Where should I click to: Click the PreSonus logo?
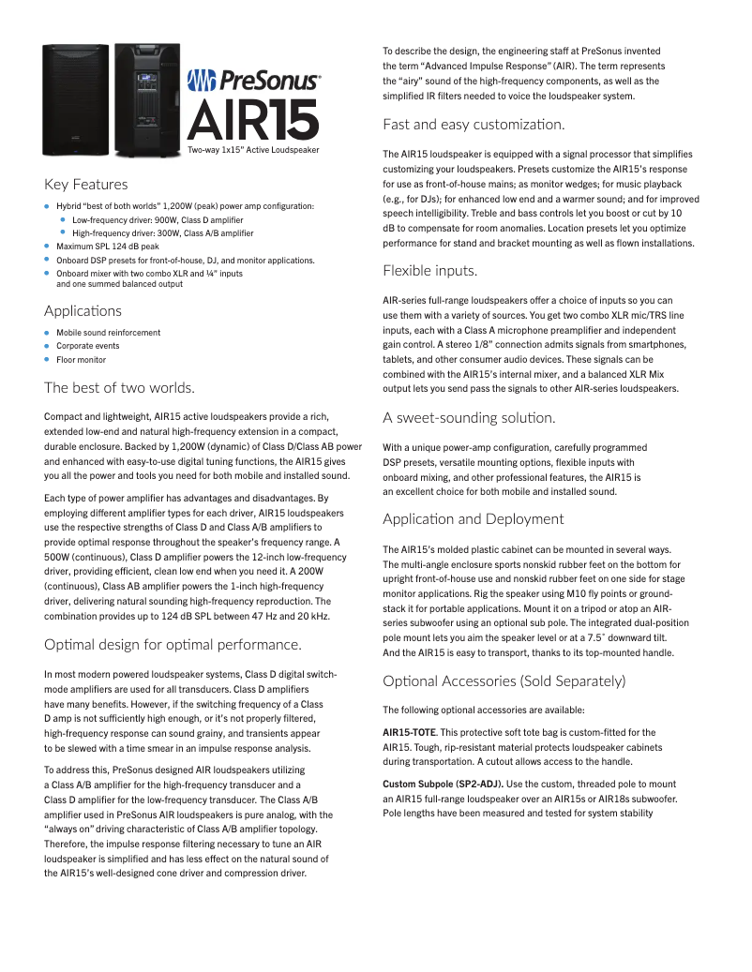(x=253, y=82)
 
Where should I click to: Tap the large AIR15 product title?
(x=253, y=119)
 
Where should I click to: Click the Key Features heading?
(x=86, y=184)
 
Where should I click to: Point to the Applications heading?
(x=83, y=310)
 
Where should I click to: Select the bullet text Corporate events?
(x=88, y=346)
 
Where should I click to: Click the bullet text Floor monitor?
(x=81, y=360)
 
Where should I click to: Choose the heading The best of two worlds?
(x=119, y=387)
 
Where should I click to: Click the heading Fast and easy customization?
(x=474, y=124)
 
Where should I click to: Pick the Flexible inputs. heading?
(x=429, y=271)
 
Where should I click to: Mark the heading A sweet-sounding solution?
(x=469, y=417)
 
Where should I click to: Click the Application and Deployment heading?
(x=474, y=518)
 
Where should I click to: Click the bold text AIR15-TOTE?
(x=413, y=732)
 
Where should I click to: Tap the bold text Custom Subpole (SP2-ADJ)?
(x=444, y=783)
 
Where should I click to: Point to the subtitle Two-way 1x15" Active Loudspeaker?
(x=253, y=150)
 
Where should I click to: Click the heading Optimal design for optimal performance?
(x=173, y=644)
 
